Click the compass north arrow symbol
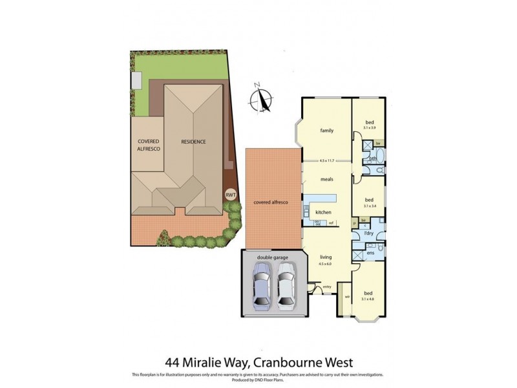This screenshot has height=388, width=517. (261, 99)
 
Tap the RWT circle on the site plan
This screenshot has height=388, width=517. (229, 194)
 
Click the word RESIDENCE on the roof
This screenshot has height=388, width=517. (193, 142)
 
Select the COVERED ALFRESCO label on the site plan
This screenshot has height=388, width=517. (147, 145)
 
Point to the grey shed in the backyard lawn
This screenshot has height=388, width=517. (136, 80)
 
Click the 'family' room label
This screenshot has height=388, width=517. (326, 131)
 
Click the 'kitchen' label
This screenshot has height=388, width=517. (323, 212)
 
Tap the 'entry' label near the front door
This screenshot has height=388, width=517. (326, 287)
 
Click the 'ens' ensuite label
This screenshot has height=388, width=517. (370, 252)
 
